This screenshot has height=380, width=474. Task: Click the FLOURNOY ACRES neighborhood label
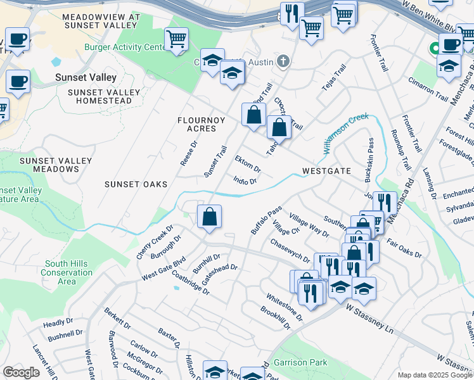(x=196, y=123)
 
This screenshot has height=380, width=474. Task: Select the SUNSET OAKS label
(x=136, y=184)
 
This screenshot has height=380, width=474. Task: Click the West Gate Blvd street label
(x=163, y=269)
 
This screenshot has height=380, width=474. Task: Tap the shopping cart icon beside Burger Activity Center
(x=176, y=39)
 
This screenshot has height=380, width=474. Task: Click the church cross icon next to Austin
(x=283, y=61)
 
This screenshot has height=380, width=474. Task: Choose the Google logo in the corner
(x=21, y=372)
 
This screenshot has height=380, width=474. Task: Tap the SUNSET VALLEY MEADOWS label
(x=48, y=165)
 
